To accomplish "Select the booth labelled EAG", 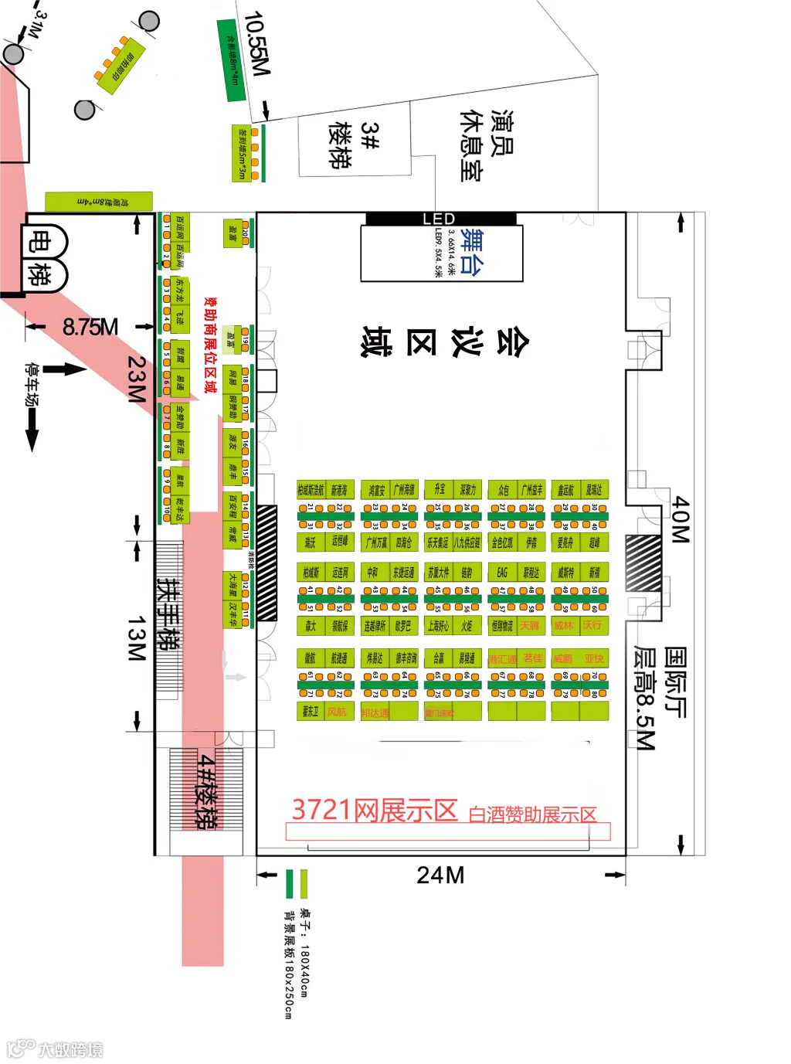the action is click(502, 573).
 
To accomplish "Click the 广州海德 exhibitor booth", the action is click(404, 490).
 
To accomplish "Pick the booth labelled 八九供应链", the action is click(467, 542).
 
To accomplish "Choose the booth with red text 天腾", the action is click(531, 626).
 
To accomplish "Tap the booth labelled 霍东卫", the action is click(311, 712).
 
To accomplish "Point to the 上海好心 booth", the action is click(438, 626).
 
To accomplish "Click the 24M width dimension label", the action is click(440, 875).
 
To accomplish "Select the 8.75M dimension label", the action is click(90, 327).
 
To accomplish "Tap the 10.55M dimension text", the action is click(256, 44).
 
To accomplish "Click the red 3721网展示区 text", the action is click(375, 810).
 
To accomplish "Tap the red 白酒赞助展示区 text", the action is click(533, 814).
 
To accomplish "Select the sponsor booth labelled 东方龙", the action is click(180, 290).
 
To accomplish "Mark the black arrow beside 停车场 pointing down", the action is click(32, 428).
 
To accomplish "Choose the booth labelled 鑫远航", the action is click(565, 490).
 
